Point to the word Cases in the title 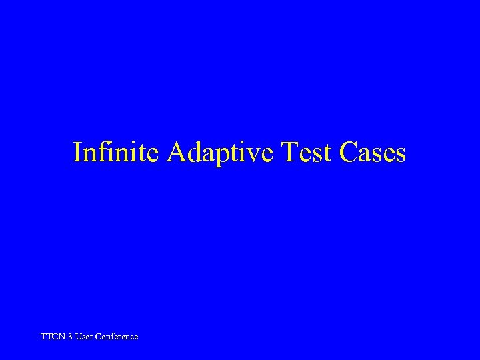tap(373, 153)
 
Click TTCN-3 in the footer tap(57, 337)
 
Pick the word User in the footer tap(85, 337)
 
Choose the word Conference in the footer tap(117, 337)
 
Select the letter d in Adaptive tap(194, 153)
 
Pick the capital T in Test tap(291, 153)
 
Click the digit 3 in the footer tap(71, 337)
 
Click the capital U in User tap(79, 337)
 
